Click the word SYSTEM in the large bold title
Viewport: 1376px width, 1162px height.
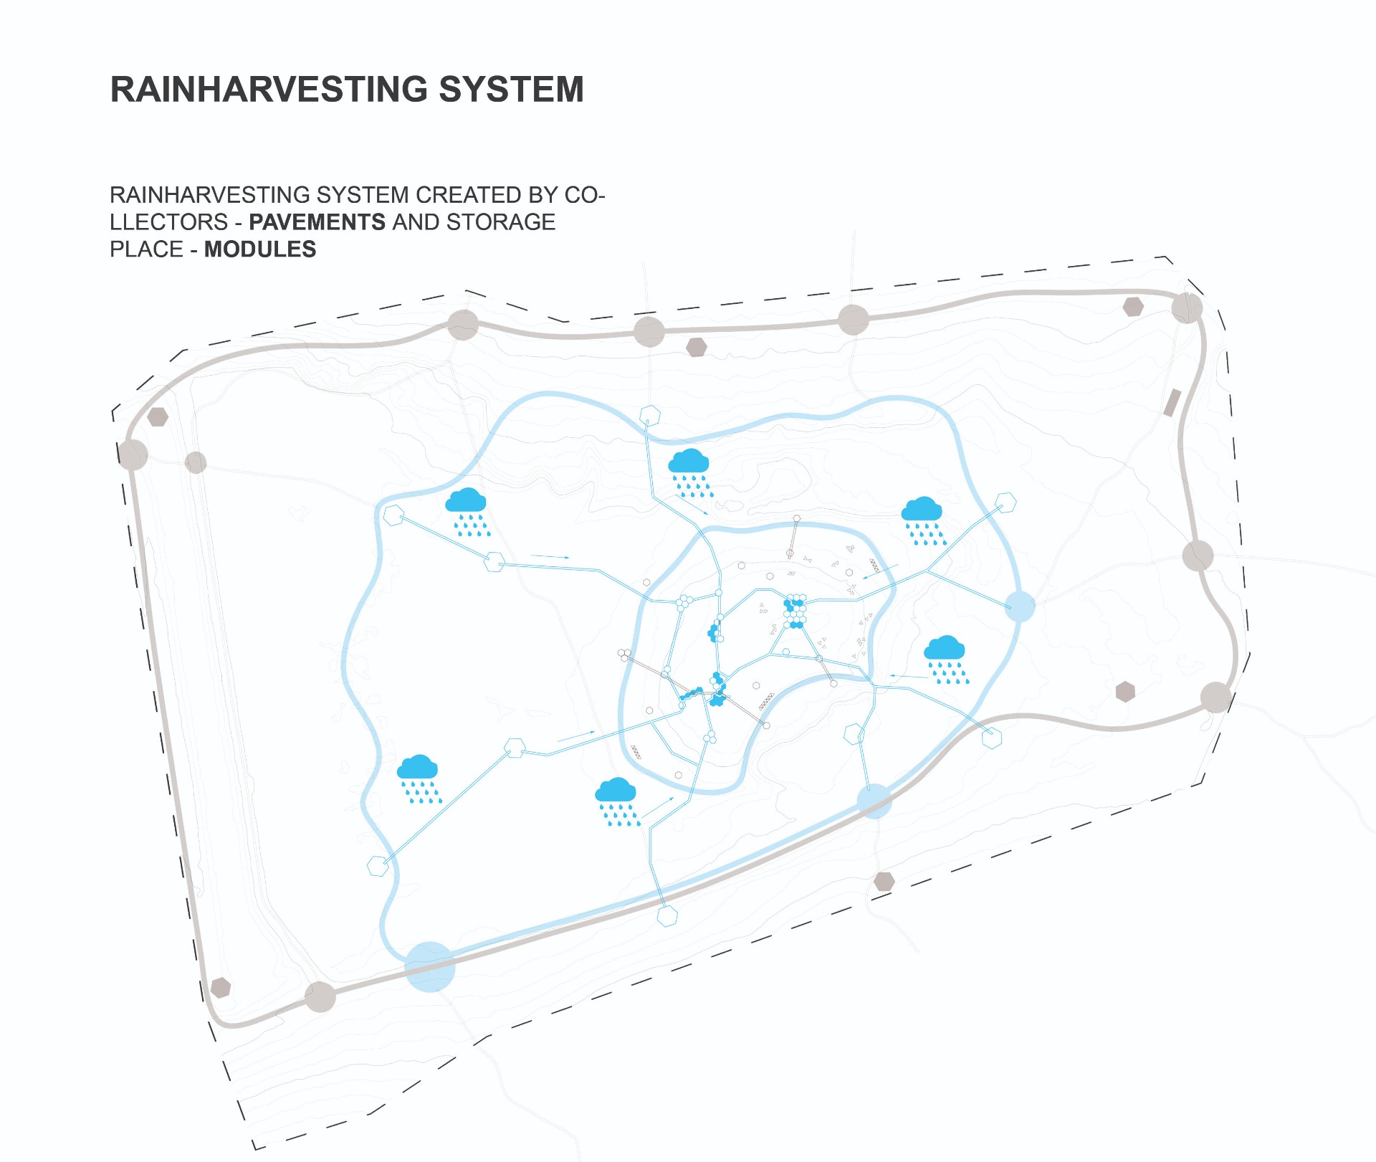[511, 90]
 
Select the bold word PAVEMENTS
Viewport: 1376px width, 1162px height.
[317, 222]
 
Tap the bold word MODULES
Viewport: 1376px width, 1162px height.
[260, 249]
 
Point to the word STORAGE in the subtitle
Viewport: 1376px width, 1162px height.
[501, 222]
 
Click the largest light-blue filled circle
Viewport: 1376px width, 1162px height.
[430, 966]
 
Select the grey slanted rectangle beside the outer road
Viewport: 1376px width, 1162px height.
[1172, 403]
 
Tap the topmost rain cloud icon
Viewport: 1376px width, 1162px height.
[689, 472]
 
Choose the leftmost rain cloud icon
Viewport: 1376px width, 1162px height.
[419, 778]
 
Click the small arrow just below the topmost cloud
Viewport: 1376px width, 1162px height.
[693, 507]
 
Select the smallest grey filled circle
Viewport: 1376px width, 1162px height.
[196, 462]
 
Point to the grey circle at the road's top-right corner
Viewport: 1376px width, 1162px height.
[1187, 308]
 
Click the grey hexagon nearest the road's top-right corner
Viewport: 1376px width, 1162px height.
[1133, 307]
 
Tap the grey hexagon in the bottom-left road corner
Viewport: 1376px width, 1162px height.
[221, 988]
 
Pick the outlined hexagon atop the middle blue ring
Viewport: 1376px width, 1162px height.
[649, 415]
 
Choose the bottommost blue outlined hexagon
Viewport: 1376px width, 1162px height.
[667, 916]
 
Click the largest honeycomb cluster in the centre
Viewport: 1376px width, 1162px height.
[794, 611]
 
